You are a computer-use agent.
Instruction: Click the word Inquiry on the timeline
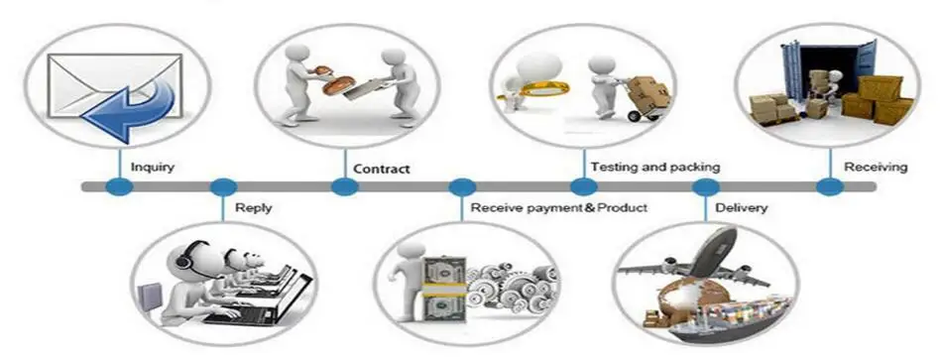point(153,167)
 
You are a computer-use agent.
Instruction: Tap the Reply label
point(253,208)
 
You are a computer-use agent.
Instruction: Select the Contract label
point(382,169)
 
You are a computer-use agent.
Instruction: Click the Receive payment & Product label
point(558,208)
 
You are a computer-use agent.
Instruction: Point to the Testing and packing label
point(654,167)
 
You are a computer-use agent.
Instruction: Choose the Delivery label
point(742,208)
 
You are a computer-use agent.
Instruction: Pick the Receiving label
point(876,167)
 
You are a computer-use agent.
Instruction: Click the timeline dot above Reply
point(223,186)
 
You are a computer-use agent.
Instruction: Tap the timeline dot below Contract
point(345,186)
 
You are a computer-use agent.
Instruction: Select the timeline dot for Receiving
point(830,186)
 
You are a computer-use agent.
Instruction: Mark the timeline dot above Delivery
point(705,186)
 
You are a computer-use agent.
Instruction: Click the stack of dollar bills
point(444,289)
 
